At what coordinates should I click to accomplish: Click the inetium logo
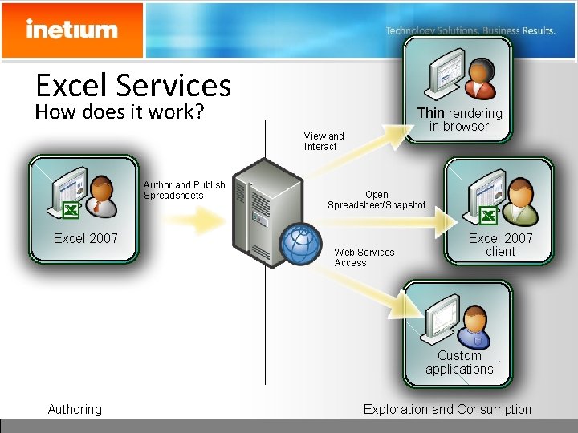72,29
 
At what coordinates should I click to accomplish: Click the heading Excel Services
133,85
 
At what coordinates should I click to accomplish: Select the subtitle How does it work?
120,111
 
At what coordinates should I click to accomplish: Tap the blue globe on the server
300,244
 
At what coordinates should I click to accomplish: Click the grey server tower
267,212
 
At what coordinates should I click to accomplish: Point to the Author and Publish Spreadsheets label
185,190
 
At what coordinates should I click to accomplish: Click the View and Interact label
324,141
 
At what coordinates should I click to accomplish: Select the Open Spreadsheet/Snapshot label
377,200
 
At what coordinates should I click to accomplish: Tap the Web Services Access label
364,257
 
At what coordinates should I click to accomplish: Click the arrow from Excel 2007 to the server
193,221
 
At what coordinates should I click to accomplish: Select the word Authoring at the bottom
75,410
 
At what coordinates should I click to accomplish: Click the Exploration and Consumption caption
447,410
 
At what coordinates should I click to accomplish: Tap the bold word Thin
430,113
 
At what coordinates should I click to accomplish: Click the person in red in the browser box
480,79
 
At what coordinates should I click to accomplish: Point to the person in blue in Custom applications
474,328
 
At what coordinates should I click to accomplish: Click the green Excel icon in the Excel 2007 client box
488,216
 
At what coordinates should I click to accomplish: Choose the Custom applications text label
459,362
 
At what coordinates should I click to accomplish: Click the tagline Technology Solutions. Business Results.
470,31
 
